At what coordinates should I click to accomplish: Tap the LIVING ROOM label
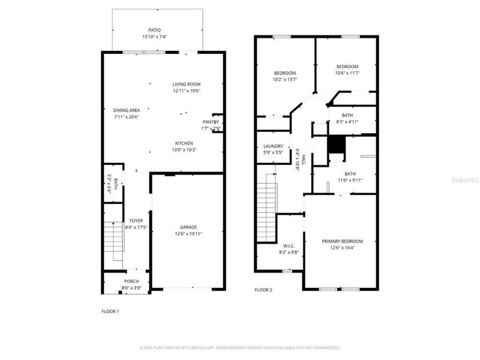[x=187, y=84]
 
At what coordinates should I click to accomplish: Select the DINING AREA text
[x=127, y=110]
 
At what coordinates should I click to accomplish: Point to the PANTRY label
[x=211, y=122]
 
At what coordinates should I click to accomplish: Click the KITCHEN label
[x=184, y=143]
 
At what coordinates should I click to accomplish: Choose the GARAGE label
[x=188, y=227]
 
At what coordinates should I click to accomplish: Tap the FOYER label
[x=136, y=221]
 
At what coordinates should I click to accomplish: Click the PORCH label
[x=131, y=281]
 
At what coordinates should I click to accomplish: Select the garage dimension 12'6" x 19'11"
[x=188, y=233]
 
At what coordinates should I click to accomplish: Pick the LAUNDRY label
[x=273, y=146]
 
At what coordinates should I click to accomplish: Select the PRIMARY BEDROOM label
[x=342, y=241]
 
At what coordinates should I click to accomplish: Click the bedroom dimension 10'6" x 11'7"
[x=347, y=73]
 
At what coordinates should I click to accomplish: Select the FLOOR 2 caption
[x=263, y=290]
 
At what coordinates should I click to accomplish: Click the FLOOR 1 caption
[x=110, y=311]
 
